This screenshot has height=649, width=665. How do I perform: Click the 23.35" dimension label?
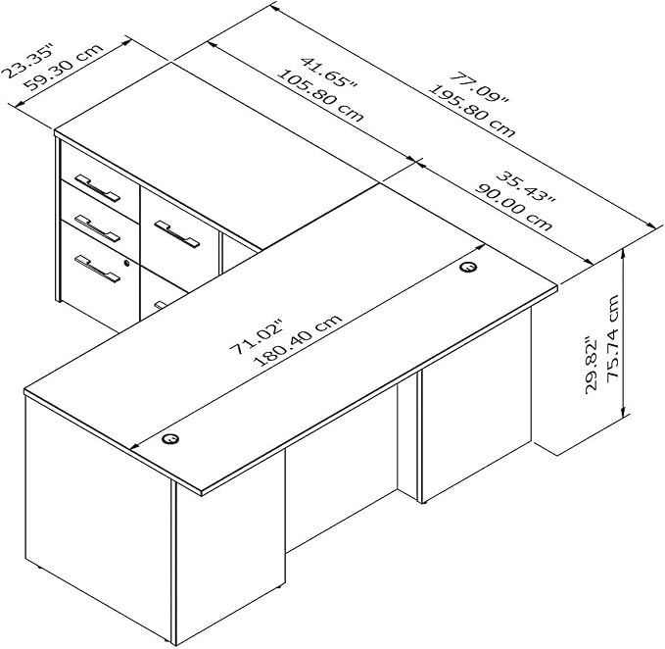point(28,60)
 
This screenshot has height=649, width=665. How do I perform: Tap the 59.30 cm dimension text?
point(64,68)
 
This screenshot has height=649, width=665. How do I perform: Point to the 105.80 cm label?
point(320,95)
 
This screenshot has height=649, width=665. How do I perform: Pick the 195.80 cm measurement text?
point(472,111)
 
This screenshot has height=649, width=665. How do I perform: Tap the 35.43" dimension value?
point(526,186)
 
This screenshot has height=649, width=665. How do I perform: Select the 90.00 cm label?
point(513,207)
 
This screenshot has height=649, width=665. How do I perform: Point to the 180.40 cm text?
point(298,339)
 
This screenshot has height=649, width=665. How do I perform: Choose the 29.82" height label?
point(591,366)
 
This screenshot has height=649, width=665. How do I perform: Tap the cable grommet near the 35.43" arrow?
point(468,267)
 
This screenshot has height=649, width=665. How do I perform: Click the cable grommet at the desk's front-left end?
point(170,439)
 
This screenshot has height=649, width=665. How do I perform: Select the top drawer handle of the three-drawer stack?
point(97,187)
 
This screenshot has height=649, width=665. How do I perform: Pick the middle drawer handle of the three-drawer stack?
point(97,228)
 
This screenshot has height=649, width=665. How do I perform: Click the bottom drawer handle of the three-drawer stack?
point(97,269)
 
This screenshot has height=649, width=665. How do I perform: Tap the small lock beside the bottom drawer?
point(126,263)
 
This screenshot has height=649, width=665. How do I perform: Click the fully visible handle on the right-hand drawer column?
point(176,234)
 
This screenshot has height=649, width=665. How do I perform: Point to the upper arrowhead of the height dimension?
point(623,253)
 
